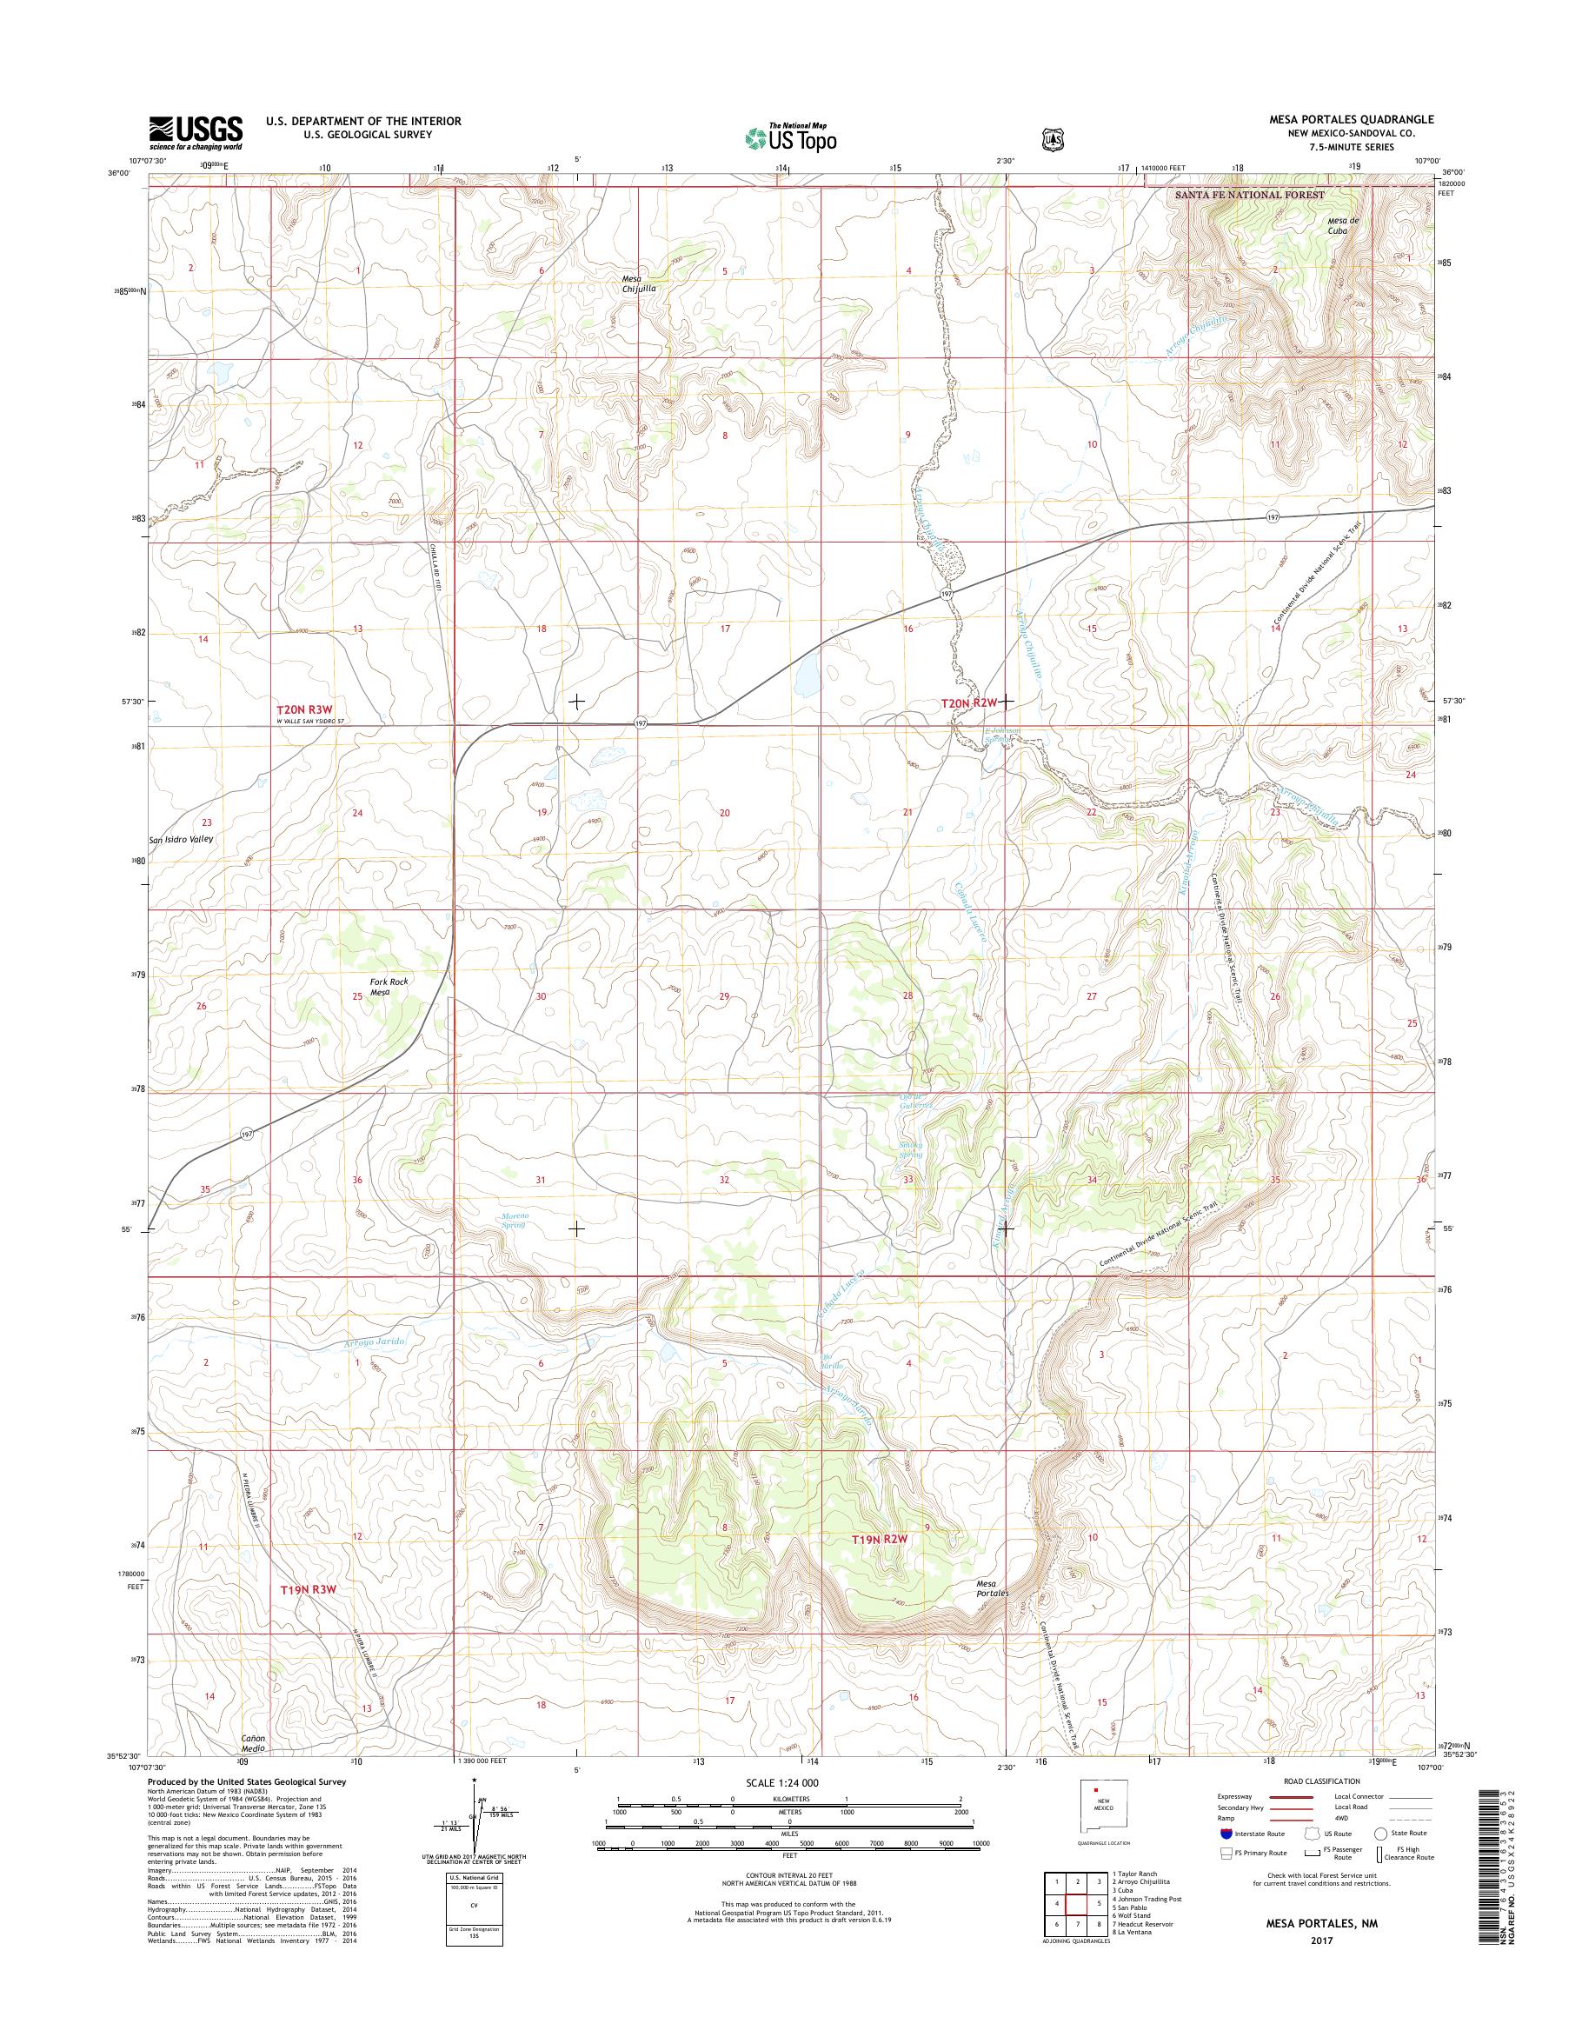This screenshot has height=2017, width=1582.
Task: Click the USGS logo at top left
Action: (196, 132)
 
